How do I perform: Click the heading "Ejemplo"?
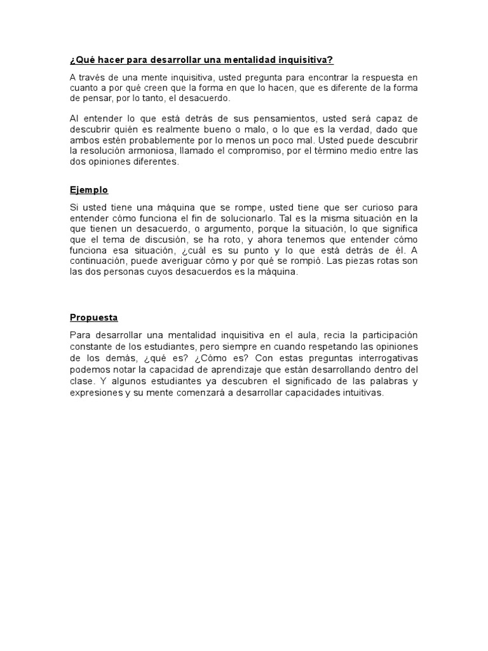tap(89, 190)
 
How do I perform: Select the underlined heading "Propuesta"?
tap(94, 318)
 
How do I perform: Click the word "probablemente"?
tap(158, 141)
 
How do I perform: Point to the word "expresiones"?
tap(95, 393)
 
